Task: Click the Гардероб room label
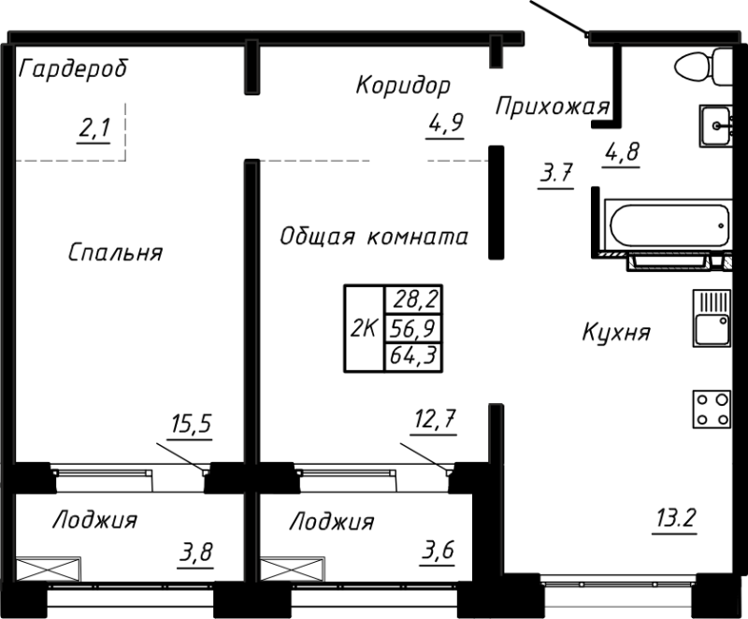(73, 69)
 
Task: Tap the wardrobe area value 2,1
(94, 129)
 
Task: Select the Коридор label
(402, 85)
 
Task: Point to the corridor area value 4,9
(447, 123)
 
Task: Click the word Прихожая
(552, 106)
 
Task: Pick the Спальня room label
(116, 252)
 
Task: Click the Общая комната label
(374, 237)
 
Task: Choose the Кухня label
(614, 333)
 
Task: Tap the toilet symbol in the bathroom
(702, 66)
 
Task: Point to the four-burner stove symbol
(711, 408)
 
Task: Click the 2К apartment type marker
(363, 328)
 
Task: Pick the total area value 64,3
(417, 356)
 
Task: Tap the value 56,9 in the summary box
(417, 328)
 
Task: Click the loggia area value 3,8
(195, 553)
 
